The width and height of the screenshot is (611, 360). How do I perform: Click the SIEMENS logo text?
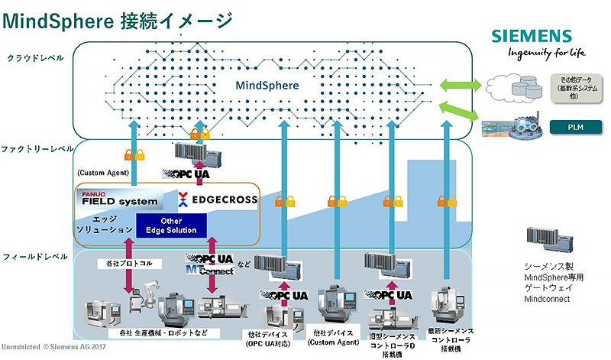click(531, 35)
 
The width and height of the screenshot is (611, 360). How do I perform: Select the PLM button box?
click(577, 125)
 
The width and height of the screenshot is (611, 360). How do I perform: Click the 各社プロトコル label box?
click(125, 264)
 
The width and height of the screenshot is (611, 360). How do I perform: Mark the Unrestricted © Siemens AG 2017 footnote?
click(53, 348)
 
